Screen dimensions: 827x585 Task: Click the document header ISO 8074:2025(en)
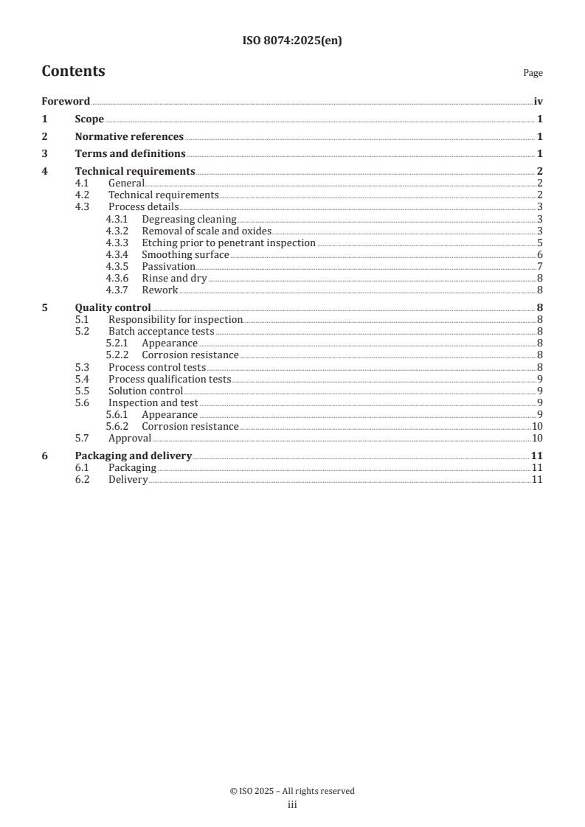[292, 41]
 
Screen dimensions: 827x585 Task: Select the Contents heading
[73, 71]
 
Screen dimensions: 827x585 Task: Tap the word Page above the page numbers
[533, 74]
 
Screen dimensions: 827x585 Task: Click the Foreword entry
[66, 102]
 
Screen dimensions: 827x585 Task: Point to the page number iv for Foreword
[538, 102]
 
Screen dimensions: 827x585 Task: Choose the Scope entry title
[89, 119]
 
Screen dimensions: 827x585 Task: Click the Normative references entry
[129, 136]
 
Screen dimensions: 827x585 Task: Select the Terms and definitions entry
[130, 154]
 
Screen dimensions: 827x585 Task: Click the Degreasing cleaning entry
[189, 219]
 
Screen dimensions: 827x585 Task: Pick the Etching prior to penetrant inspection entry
[229, 242]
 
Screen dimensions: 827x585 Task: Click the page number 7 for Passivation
[540, 266]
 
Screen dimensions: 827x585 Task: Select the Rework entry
[159, 290]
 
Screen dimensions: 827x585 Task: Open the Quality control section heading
[113, 307]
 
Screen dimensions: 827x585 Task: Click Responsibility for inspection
[176, 319]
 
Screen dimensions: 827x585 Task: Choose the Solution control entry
[145, 391]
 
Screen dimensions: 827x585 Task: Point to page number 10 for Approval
[537, 438]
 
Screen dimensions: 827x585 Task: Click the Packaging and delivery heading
[134, 456]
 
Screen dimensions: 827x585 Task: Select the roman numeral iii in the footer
[292, 805]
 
